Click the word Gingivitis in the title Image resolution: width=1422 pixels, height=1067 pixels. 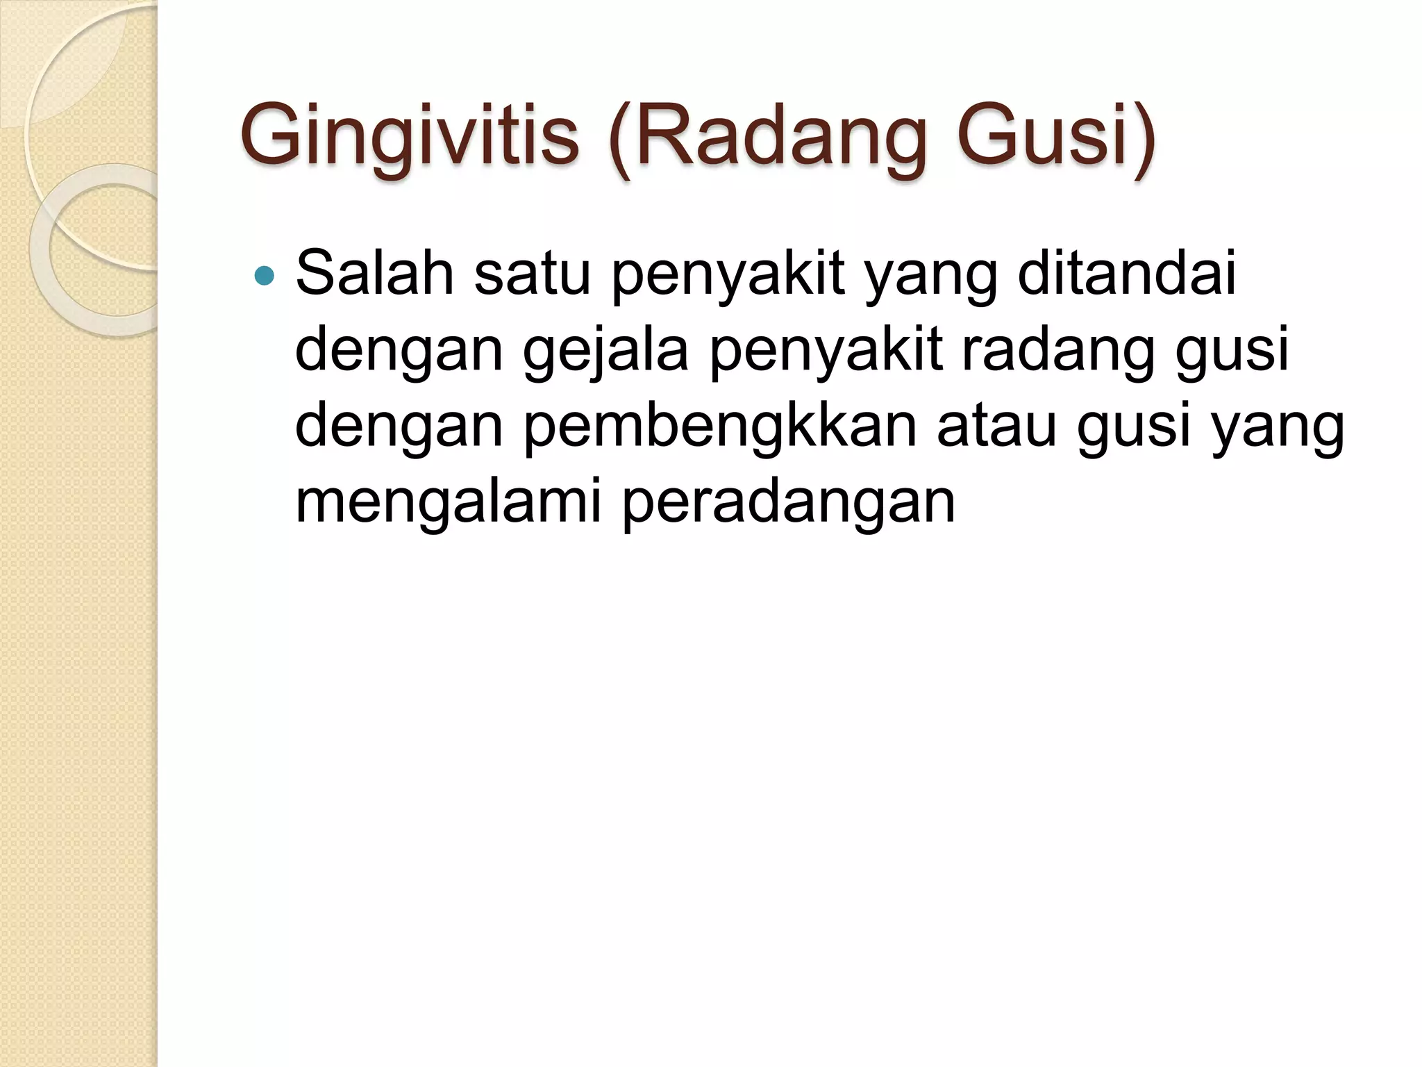coord(410,135)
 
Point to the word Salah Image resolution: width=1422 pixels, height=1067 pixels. coord(375,272)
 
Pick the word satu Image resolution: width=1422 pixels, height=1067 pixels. coord(532,272)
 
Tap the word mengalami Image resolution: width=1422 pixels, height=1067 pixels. coord(449,502)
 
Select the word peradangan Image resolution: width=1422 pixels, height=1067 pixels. coord(788,502)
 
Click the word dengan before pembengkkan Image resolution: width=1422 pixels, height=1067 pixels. coord(399,427)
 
